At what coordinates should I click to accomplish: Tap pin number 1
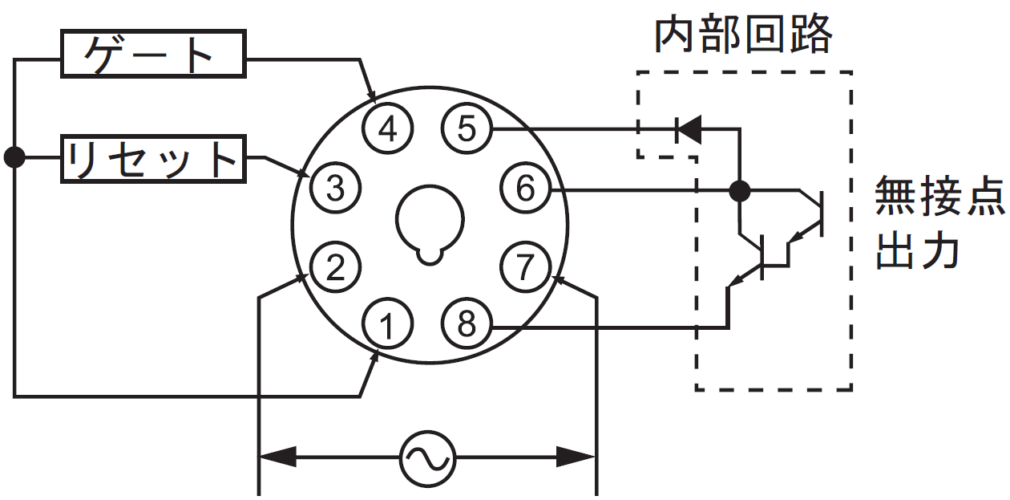tap(387, 323)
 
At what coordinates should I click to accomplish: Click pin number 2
tap(335, 266)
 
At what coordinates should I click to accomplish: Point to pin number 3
tap(335, 187)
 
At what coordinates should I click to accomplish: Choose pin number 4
tap(387, 128)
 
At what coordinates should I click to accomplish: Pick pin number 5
tap(467, 128)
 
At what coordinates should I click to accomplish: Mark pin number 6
tap(526, 187)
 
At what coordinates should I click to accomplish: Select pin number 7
tap(526, 266)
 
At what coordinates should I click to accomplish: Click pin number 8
tap(467, 323)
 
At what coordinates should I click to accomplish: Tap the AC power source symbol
tap(428, 458)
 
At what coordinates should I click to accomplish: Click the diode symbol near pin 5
tap(689, 129)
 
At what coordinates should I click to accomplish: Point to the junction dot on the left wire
tap(14, 157)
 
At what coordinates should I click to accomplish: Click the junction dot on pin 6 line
tap(739, 191)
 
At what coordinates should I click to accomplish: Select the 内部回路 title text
tap(743, 35)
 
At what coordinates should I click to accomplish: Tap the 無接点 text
tap(939, 196)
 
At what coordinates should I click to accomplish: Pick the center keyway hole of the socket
tap(430, 224)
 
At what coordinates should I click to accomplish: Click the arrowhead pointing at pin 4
tap(373, 95)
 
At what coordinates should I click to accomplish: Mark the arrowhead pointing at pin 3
tap(302, 173)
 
